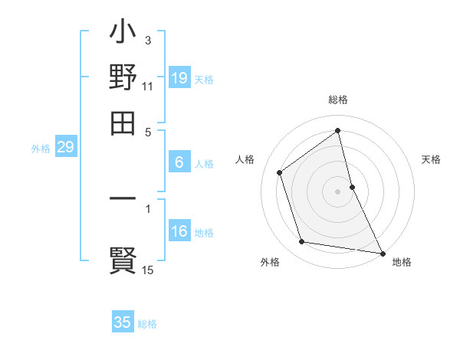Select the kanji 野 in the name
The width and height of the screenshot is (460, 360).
click(123, 78)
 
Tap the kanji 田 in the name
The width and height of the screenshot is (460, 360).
click(123, 123)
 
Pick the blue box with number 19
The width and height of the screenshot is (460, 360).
click(179, 78)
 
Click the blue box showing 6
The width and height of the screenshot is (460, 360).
click(179, 162)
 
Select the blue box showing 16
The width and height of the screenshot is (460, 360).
click(179, 232)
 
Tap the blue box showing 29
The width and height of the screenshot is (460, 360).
click(65, 148)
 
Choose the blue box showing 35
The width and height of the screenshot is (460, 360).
click(123, 322)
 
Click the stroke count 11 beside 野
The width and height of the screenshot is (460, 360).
click(148, 86)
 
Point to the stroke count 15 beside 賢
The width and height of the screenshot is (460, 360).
click(148, 270)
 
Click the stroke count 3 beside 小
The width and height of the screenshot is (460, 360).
click(148, 40)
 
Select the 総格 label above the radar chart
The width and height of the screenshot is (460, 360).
click(337, 100)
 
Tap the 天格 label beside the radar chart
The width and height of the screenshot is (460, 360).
click(431, 159)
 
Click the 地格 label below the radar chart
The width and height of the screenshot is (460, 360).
click(402, 262)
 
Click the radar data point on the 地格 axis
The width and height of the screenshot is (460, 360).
click(382, 253)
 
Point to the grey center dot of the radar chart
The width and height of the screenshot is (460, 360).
click(337, 191)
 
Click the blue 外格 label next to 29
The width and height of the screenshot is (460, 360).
click(40, 149)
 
